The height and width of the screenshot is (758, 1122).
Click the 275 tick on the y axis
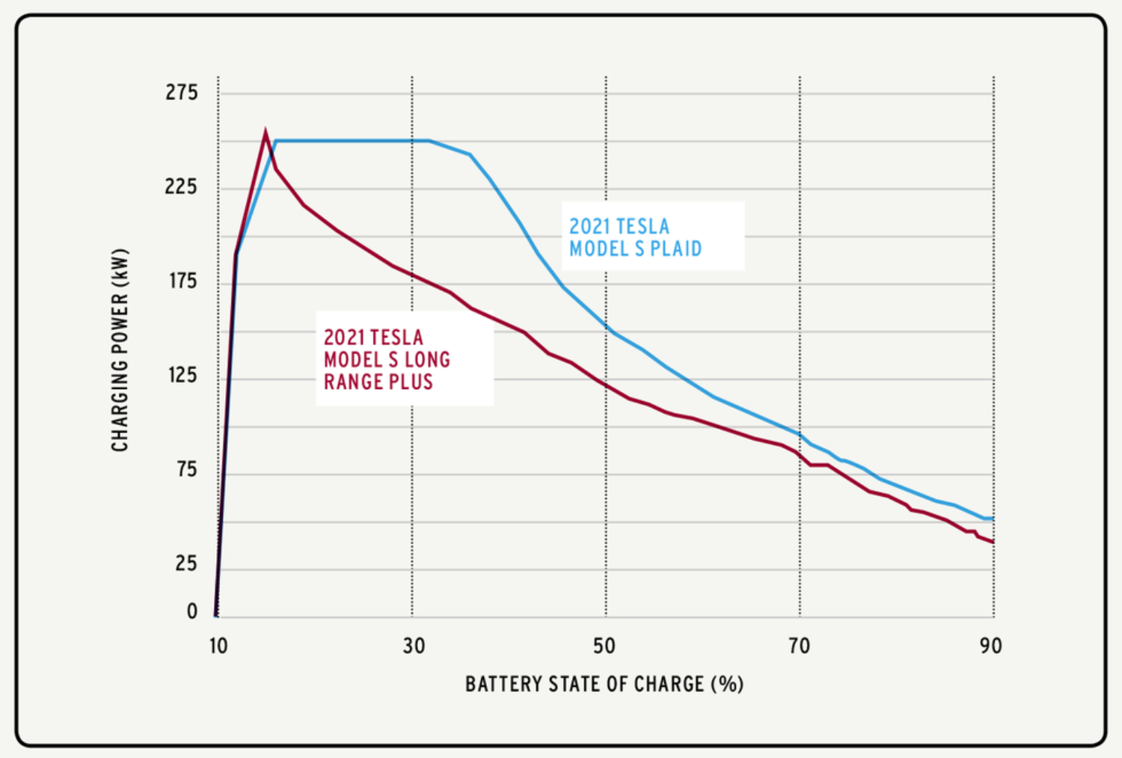(x=182, y=93)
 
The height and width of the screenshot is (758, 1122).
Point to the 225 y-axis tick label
(x=182, y=186)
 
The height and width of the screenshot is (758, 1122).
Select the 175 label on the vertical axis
(x=183, y=281)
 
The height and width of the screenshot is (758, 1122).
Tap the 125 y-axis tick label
(x=183, y=375)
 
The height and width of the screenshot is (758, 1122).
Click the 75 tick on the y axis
(x=186, y=469)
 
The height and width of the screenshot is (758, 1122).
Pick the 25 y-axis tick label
(x=186, y=563)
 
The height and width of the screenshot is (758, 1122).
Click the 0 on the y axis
(x=192, y=611)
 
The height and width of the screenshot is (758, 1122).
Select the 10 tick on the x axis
(x=218, y=646)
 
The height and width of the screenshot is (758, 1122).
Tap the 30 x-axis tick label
(x=414, y=646)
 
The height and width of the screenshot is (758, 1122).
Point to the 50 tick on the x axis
(x=604, y=646)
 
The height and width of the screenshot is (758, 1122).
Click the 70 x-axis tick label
(x=800, y=646)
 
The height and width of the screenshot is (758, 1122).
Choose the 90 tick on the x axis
(x=991, y=646)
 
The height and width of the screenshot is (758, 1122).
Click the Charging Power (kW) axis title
(x=120, y=349)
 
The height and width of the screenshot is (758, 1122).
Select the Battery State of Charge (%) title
(x=604, y=684)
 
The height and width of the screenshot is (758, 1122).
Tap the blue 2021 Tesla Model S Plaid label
(x=636, y=237)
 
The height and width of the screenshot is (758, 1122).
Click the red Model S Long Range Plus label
(x=387, y=360)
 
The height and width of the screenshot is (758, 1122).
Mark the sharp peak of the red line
(x=266, y=132)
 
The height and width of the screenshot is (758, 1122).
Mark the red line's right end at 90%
(x=993, y=542)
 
